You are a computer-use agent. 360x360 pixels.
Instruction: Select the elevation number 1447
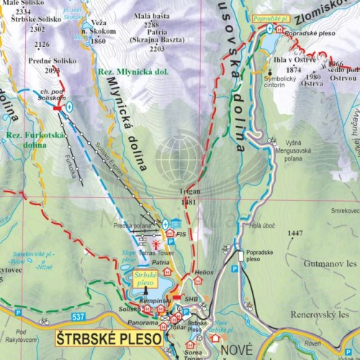pos(294,233)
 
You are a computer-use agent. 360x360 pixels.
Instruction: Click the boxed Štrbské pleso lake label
pos(146,279)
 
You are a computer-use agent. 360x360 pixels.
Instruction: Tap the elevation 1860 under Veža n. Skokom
pos(99,41)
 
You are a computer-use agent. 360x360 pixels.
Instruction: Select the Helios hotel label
pos(204,272)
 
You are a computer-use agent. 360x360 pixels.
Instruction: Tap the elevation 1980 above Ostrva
pos(312,77)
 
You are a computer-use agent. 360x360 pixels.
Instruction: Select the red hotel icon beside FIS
pos(169,233)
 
